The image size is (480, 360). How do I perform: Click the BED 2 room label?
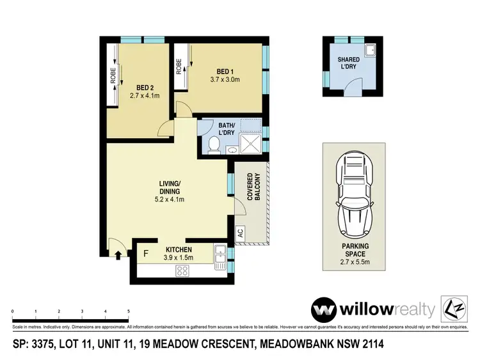(144, 88)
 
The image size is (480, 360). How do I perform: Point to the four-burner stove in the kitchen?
(182, 270)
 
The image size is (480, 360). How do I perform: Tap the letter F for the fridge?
(145, 253)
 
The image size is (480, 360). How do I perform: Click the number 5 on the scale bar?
(129, 311)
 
